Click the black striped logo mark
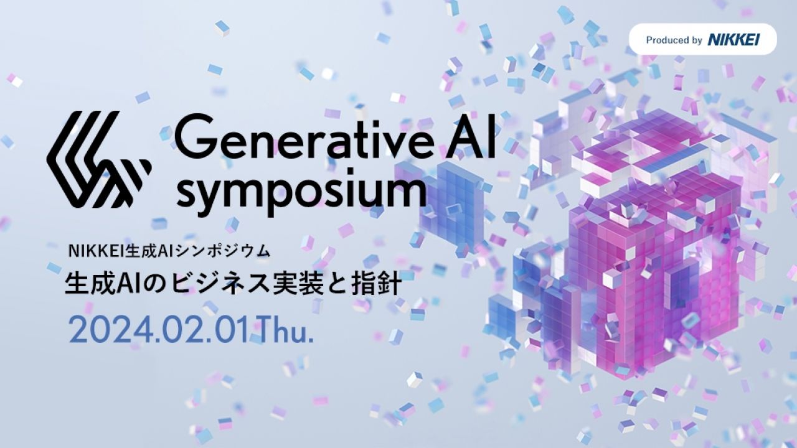(x=99, y=159)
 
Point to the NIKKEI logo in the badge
(x=733, y=39)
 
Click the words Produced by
(x=674, y=40)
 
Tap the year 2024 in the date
(x=111, y=330)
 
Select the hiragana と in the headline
(x=337, y=284)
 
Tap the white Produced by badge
(x=703, y=39)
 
